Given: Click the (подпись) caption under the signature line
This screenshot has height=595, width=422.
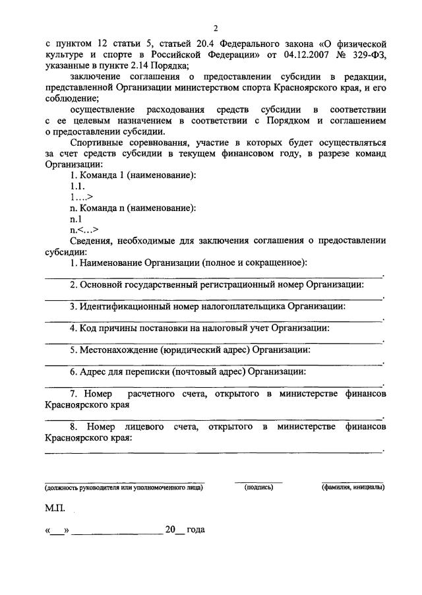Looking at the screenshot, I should click(258, 487).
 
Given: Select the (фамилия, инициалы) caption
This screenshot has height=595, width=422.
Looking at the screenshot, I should click(353, 487).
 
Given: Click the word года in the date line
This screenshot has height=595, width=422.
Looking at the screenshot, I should click(196, 530).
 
